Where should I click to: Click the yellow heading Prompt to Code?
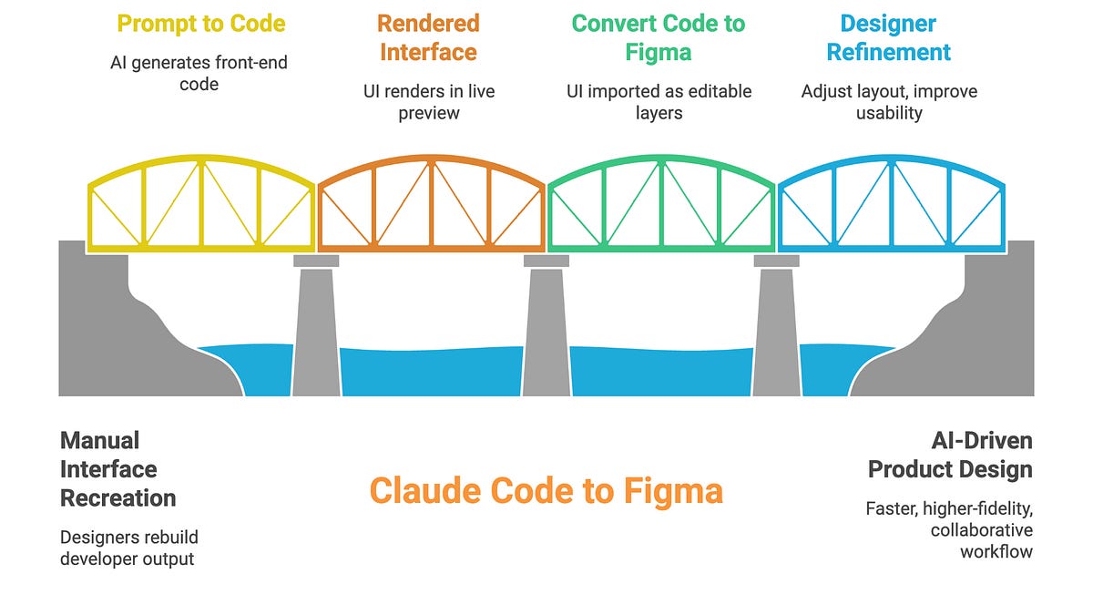pos(200,24)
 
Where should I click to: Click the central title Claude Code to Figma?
pos(546,491)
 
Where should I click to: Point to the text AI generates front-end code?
pos(200,74)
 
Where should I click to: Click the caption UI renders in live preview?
pos(428,102)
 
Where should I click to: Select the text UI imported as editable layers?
pos(659,102)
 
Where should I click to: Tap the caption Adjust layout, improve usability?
pos(888,102)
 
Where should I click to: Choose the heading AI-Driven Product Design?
pos(950,456)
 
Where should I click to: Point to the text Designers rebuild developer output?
pos(128,548)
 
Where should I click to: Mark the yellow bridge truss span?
pos(202,205)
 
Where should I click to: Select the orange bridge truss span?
pos(432,205)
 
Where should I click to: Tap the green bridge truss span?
pos(662,205)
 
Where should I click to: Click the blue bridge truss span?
pos(892,205)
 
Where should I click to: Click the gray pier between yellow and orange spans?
pos(315,328)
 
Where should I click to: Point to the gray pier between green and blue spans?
pos(776,328)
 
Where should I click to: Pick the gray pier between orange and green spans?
pos(546,328)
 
